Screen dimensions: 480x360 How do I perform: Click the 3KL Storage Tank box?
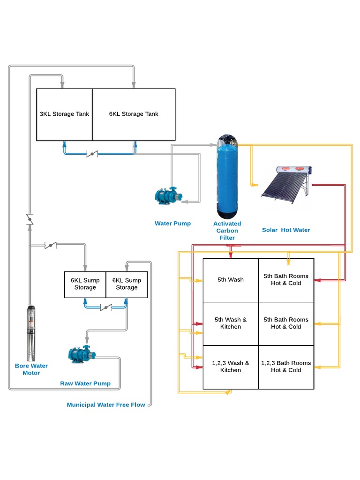(x=64, y=114)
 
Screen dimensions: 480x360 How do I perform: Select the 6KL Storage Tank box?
(x=134, y=114)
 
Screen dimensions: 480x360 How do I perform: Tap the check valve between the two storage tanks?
(x=93, y=154)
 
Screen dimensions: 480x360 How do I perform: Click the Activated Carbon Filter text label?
(x=227, y=231)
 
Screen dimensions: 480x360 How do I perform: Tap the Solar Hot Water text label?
(x=286, y=230)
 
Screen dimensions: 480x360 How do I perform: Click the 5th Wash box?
(x=231, y=280)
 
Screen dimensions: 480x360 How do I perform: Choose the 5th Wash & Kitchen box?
(x=231, y=323)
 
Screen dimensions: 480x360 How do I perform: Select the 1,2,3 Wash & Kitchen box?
(x=231, y=367)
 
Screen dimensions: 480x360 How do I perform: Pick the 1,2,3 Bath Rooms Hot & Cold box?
(x=286, y=367)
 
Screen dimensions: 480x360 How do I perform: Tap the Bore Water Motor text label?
(x=31, y=369)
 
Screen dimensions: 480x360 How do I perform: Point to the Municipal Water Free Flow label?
(x=105, y=405)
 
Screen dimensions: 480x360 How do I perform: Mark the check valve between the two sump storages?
(x=106, y=308)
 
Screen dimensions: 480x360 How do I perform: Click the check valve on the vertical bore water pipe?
(x=30, y=218)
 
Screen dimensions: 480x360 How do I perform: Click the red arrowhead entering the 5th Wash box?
(x=230, y=255)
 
